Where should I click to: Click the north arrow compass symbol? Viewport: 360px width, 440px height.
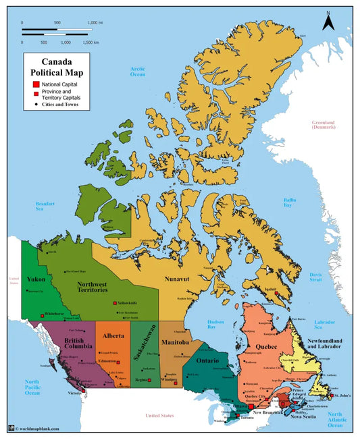328,22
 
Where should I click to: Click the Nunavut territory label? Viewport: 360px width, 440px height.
178,277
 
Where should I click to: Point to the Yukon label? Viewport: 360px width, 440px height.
35,279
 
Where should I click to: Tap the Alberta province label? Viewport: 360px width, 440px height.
113,335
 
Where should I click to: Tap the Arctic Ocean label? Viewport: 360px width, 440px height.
138,71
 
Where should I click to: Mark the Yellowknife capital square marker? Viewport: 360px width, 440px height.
115,304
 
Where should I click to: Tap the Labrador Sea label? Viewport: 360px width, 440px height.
324,306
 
